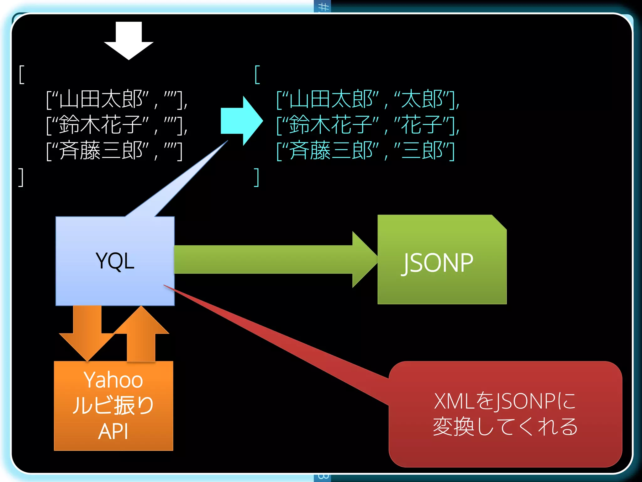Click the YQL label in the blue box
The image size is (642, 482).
(x=115, y=261)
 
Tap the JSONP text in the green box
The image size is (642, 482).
(x=438, y=263)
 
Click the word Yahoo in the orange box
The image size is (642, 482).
(x=113, y=380)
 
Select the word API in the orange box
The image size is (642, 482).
(x=113, y=431)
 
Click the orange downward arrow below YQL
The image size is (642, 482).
(x=87, y=333)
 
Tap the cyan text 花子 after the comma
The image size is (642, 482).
(x=422, y=125)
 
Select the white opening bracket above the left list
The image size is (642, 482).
(x=21, y=75)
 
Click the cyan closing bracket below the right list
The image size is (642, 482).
(x=256, y=177)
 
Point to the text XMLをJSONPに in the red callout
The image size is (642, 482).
(x=505, y=401)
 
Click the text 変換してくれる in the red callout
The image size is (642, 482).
(x=505, y=427)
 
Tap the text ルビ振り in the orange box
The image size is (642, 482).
(x=113, y=405)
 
